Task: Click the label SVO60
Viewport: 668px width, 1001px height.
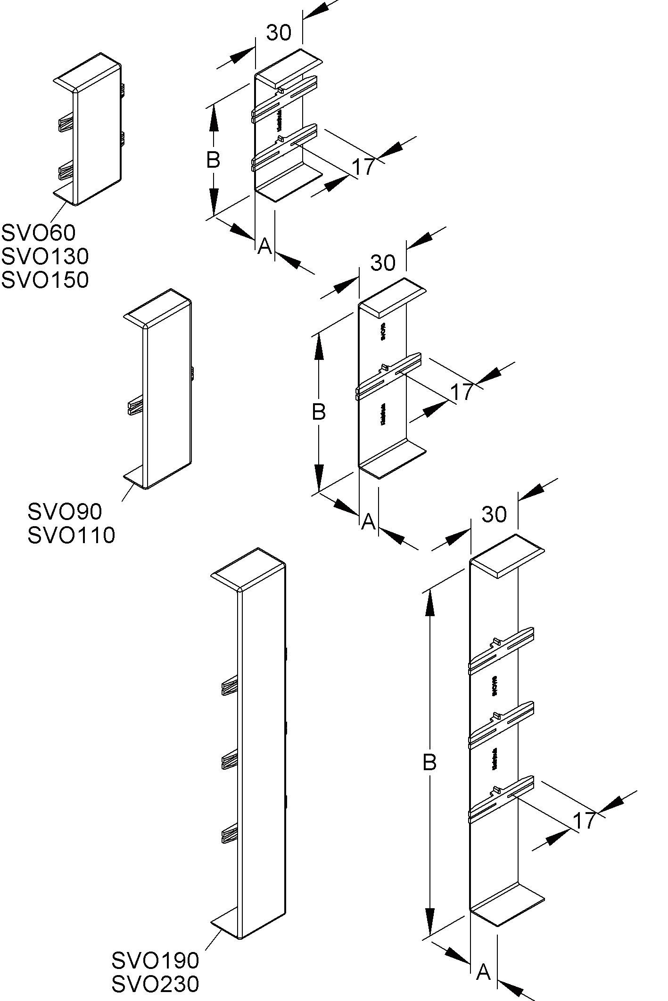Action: (x=38, y=232)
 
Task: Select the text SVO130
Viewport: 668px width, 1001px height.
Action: (x=45, y=256)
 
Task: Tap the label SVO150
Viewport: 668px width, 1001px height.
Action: (x=45, y=280)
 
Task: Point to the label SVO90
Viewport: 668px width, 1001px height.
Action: (x=65, y=511)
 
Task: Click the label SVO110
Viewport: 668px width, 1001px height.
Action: (x=71, y=535)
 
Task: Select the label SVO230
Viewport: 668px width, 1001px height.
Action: (x=155, y=984)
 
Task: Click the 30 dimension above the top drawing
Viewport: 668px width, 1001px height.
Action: (x=279, y=33)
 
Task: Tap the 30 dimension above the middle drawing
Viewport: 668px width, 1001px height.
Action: (x=383, y=263)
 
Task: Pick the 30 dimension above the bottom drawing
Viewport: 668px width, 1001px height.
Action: (x=494, y=514)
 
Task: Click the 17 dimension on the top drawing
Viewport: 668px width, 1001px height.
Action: (x=363, y=167)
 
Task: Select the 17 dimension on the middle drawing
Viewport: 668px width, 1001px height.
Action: (x=462, y=391)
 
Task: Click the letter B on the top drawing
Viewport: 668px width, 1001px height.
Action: (x=213, y=160)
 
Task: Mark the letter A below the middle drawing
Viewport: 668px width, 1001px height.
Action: (x=368, y=521)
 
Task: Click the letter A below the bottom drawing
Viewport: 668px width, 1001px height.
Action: (x=483, y=971)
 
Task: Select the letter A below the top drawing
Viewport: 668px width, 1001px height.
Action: (x=264, y=245)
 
